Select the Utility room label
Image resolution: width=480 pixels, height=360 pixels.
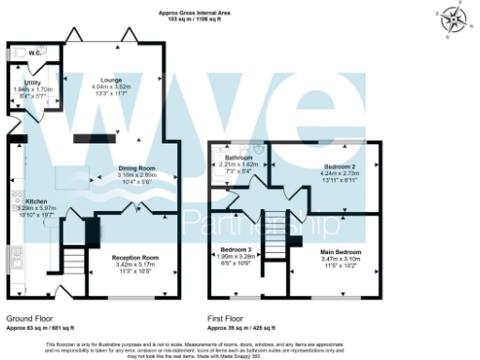pyautogui.click(x=32, y=82)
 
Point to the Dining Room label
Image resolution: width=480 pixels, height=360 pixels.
pyautogui.click(x=135, y=168)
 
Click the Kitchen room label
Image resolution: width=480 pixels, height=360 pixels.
pyautogui.click(x=37, y=201)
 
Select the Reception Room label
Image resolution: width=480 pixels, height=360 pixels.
pyautogui.click(x=135, y=256)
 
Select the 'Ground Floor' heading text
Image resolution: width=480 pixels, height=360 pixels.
pyautogui.click(x=28, y=318)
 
